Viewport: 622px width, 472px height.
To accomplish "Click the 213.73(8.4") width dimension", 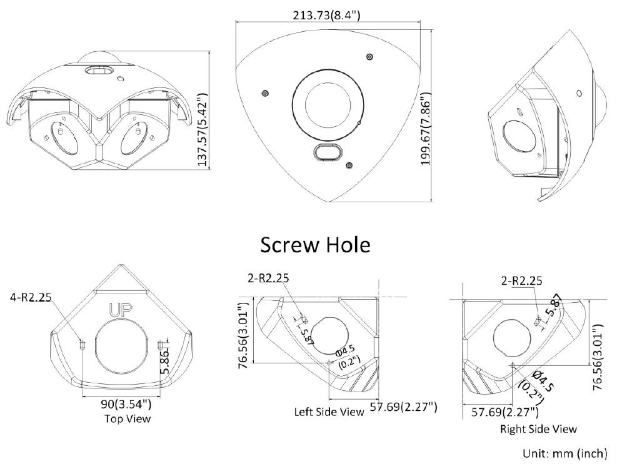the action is pyautogui.click(x=326, y=15).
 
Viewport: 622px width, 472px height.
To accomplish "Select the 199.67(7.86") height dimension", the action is pyautogui.click(x=425, y=129).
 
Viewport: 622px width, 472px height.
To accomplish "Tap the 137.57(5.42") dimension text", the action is pyautogui.click(x=203, y=130).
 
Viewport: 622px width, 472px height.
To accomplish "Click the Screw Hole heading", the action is pyautogui.click(x=315, y=245).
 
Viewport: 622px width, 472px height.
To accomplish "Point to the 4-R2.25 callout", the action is pyautogui.click(x=31, y=297).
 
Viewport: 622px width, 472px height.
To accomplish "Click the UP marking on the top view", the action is pyautogui.click(x=120, y=310).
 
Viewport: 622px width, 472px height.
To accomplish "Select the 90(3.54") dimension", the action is pyautogui.click(x=126, y=405).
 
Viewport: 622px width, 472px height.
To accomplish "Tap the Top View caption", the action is pyautogui.click(x=128, y=418).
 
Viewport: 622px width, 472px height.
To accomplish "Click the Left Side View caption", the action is pyautogui.click(x=329, y=412).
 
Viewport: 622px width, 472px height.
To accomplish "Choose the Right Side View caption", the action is pyautogui.click(x=538, y=429).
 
